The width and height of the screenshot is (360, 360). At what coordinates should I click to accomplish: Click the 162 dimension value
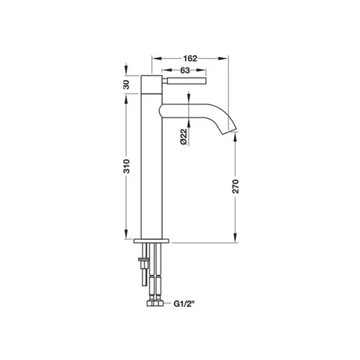[x=190, y=58]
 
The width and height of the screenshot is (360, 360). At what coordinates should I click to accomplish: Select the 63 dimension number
[x=185, y=71]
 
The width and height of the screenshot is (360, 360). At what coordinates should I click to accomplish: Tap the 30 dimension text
[x=126, y=84]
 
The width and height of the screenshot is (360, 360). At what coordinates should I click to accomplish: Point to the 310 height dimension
[x=126, y=166]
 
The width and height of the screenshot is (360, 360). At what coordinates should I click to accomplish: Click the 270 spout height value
[x=235, y=186]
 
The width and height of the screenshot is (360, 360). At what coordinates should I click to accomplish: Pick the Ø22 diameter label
[x=184, y=137]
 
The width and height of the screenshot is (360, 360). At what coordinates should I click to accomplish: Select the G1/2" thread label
[x=184, y=304]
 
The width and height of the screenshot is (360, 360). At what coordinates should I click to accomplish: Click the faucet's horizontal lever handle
[x=184, y=81]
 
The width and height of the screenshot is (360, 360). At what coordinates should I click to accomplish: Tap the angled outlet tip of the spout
[x=229, y=132]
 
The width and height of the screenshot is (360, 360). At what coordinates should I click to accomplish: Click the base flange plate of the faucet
[x=151, y=240]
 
